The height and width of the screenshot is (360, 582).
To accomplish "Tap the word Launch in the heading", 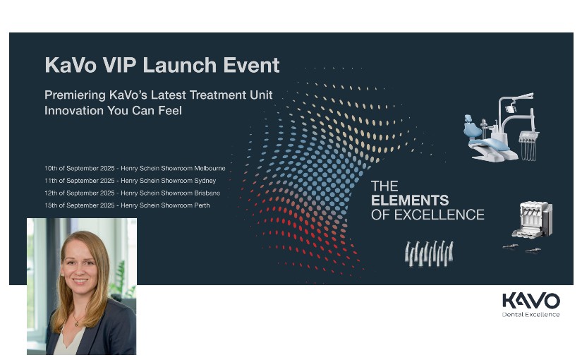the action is (180, 66).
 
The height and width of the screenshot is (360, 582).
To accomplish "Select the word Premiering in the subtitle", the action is (75, 95).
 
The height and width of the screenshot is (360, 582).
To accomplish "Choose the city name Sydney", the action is (205, 181).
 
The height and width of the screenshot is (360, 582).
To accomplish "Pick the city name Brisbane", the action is (207, 193).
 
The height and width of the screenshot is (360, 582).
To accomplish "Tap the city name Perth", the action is (202, 205).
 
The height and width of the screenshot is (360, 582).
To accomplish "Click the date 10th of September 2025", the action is (80, 168).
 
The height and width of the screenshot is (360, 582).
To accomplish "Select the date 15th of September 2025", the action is (80, 205).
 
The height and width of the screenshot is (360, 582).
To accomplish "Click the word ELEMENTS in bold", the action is (410, 200).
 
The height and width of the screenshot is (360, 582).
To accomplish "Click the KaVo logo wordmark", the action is (531, 301).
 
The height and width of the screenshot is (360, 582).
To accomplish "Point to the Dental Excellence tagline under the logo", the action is (531, 315).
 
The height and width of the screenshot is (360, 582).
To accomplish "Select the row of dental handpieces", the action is (429, 253).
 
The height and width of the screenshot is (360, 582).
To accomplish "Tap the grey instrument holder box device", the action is (533, 220).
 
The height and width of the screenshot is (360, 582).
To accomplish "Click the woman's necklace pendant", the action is (77, 323).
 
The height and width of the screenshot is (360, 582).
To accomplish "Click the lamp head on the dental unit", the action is (511, 109).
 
